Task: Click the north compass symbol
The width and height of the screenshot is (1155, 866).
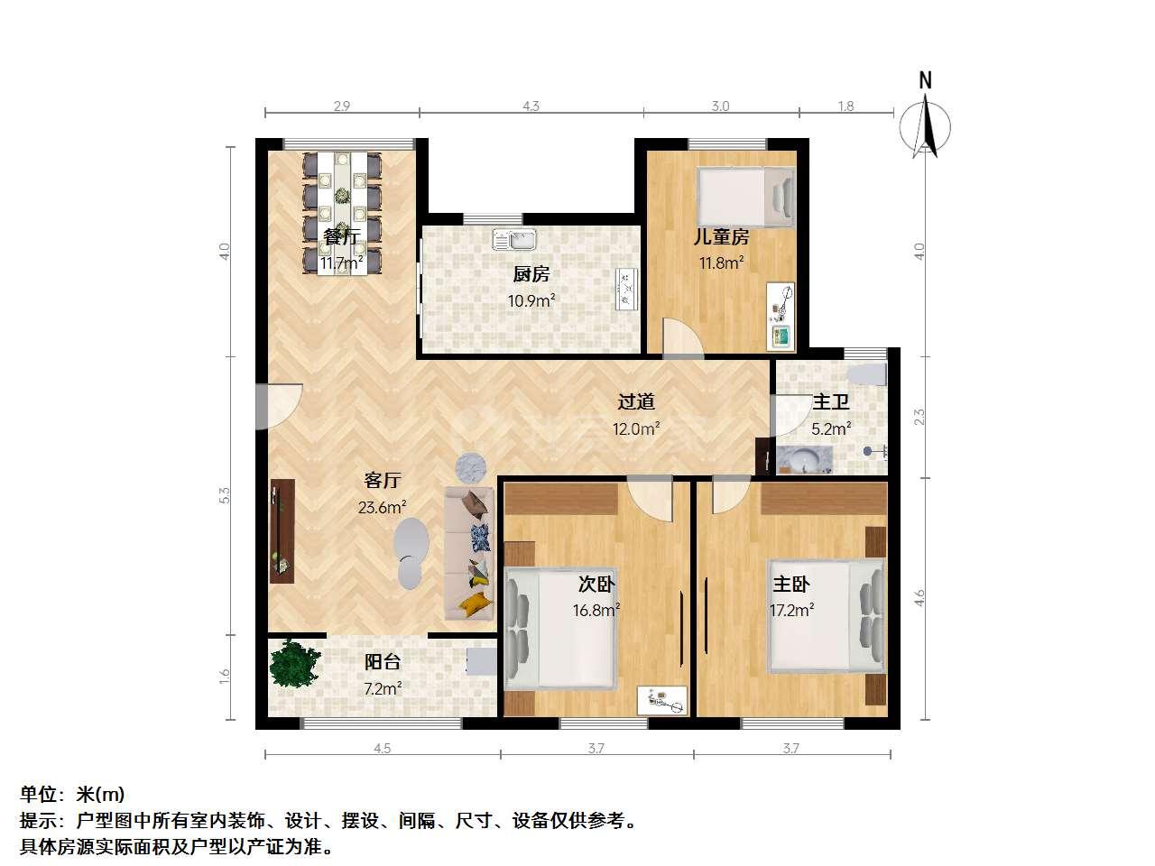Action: point(925,120)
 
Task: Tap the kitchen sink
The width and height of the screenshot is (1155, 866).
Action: point(514,239)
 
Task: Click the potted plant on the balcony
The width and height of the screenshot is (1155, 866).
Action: point(294,663)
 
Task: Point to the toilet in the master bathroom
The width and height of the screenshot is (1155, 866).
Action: point(866,374)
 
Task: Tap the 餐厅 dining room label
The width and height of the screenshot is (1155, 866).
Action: point(341,236)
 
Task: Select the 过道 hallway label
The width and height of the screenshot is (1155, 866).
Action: point(636,401)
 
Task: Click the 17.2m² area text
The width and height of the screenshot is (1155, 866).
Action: point(792,610)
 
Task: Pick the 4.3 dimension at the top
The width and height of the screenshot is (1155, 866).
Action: point(531,106)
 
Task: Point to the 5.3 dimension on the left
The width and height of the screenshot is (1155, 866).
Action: point(225,495)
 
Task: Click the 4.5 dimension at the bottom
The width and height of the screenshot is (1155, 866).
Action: point(383,748)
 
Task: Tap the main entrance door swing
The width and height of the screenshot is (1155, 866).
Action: point(280,407)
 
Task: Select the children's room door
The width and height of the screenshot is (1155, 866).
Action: point(682,338)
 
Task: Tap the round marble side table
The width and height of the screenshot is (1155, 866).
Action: point(470,468)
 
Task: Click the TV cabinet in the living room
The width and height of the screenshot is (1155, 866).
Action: point(282,531)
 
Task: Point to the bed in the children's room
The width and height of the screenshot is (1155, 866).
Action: point(745,197)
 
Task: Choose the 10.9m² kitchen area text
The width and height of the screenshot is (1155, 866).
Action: point(531,300)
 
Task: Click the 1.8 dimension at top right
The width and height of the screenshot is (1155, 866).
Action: point(845,106)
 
